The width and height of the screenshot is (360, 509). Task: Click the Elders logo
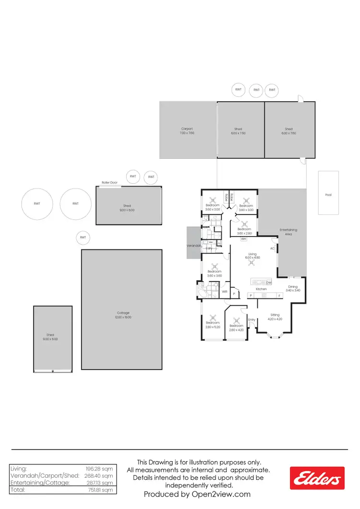pyautogui.click(x=317, y=479)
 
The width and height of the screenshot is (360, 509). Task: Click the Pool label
pyautogui.click(x=328, y=195)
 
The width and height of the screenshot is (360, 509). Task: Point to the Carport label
pyautogui.click(x=187, y=129)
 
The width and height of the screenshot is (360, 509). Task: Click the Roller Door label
pyautogui.click(x=109, y=182)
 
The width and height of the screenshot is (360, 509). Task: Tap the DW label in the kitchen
pyautogui.click(x=269, y=283)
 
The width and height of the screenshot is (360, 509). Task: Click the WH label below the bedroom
pyautogui.click(x=243, y=238)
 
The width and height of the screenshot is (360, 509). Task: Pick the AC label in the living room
pyautogui.click(x=272, y=249)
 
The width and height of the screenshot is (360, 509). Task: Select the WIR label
pyautogui.click(x=224, y=291)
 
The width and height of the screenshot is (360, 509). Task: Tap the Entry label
pyautogui.click(x=252, y=320)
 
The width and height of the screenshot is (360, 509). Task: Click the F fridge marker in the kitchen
pyautogui.click(x=279, y=296)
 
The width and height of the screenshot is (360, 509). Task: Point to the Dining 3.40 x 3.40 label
pyautogui.click(x=293, y=288)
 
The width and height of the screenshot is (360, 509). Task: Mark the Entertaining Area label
pyautogui.click(x=288, y=232)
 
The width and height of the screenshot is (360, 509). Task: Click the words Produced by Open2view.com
pyautogui.click(x=197, y=494)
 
